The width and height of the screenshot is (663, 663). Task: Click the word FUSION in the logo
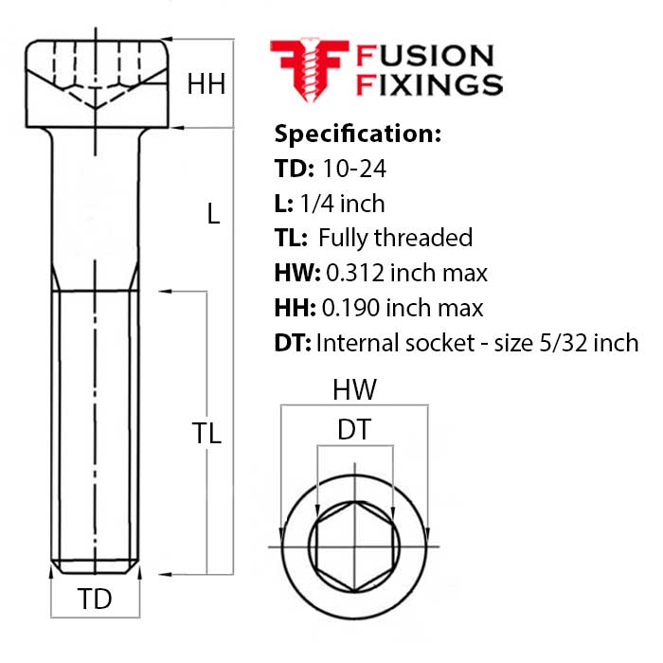[423, 57]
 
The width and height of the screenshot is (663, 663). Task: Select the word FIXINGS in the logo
[428, 85]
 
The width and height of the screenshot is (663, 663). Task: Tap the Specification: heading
[357, 134]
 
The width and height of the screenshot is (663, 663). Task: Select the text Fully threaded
[396, 238]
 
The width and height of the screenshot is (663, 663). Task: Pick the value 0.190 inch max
[403, 308]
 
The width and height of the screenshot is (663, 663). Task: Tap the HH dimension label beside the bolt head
[206, 84]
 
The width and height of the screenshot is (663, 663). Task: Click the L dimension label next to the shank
[213, 215]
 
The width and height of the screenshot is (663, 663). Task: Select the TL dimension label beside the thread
[206, 434]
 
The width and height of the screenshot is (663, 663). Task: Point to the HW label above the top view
[354, 389]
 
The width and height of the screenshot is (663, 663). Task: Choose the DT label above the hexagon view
[354, 430]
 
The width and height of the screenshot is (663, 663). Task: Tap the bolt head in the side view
[97, 84]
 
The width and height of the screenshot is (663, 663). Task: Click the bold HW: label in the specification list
[293, 274]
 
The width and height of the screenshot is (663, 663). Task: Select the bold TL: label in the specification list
[290, 238]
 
